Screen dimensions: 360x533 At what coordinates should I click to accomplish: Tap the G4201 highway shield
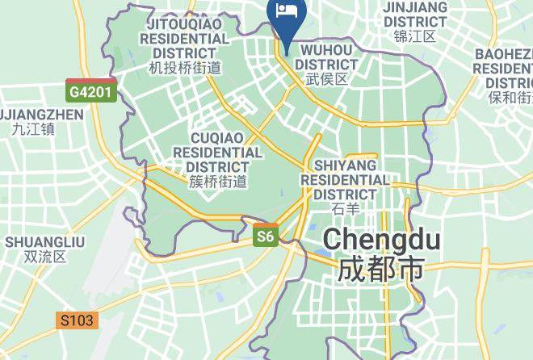pyautogui.click(x=91, y=90)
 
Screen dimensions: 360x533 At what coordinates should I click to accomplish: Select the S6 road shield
pyautogui.click(x=266, y=236)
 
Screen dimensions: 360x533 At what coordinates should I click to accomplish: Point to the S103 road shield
pyautogui.click(x=78, y=320)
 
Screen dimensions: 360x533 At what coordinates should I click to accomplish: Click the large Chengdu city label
pyautogui.click(x=381, y=240)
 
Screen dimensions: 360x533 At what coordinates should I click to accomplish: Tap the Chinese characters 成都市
pyautogui.click(x=381, y=269)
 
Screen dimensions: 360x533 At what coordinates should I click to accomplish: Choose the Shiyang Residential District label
pyautogui.click(x=344, y=179)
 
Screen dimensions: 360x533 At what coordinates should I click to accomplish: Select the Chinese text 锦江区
pyautogui.click(x=414, y=36)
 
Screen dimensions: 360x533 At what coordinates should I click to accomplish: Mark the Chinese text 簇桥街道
pyautogui.click(x=217, y=182)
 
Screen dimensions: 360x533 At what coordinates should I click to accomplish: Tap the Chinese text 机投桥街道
pyautogui.click(x=185, y=69)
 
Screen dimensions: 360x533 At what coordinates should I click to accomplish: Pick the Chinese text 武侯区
pyautogui.click(x=326, y=79)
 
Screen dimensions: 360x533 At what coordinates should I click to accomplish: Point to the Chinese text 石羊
pyautogui.click(x=344, y=210)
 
